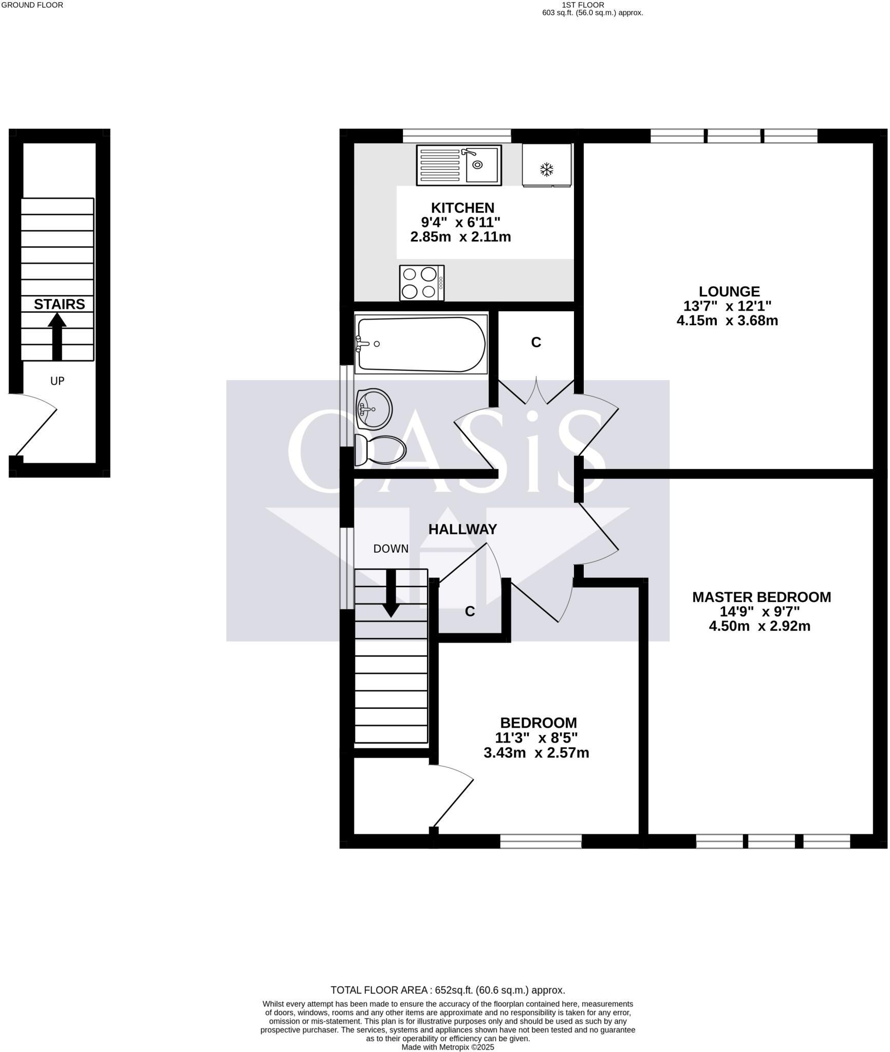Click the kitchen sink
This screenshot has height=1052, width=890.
[x=458, y=165]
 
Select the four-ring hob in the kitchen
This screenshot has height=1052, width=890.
[x=421, y=283]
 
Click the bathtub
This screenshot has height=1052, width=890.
[x=421, y=344]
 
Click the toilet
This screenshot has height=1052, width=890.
[x=381, y=450]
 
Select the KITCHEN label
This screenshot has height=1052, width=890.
[x=462, y=208]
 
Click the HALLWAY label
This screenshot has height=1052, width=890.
[x=462, y=529]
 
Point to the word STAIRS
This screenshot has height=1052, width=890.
[x=59, y=305]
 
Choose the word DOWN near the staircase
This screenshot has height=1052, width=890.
[x=391, y=549]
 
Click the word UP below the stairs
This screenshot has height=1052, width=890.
[x=57, y=381]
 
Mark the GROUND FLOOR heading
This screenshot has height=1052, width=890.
[x=32, y=5]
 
